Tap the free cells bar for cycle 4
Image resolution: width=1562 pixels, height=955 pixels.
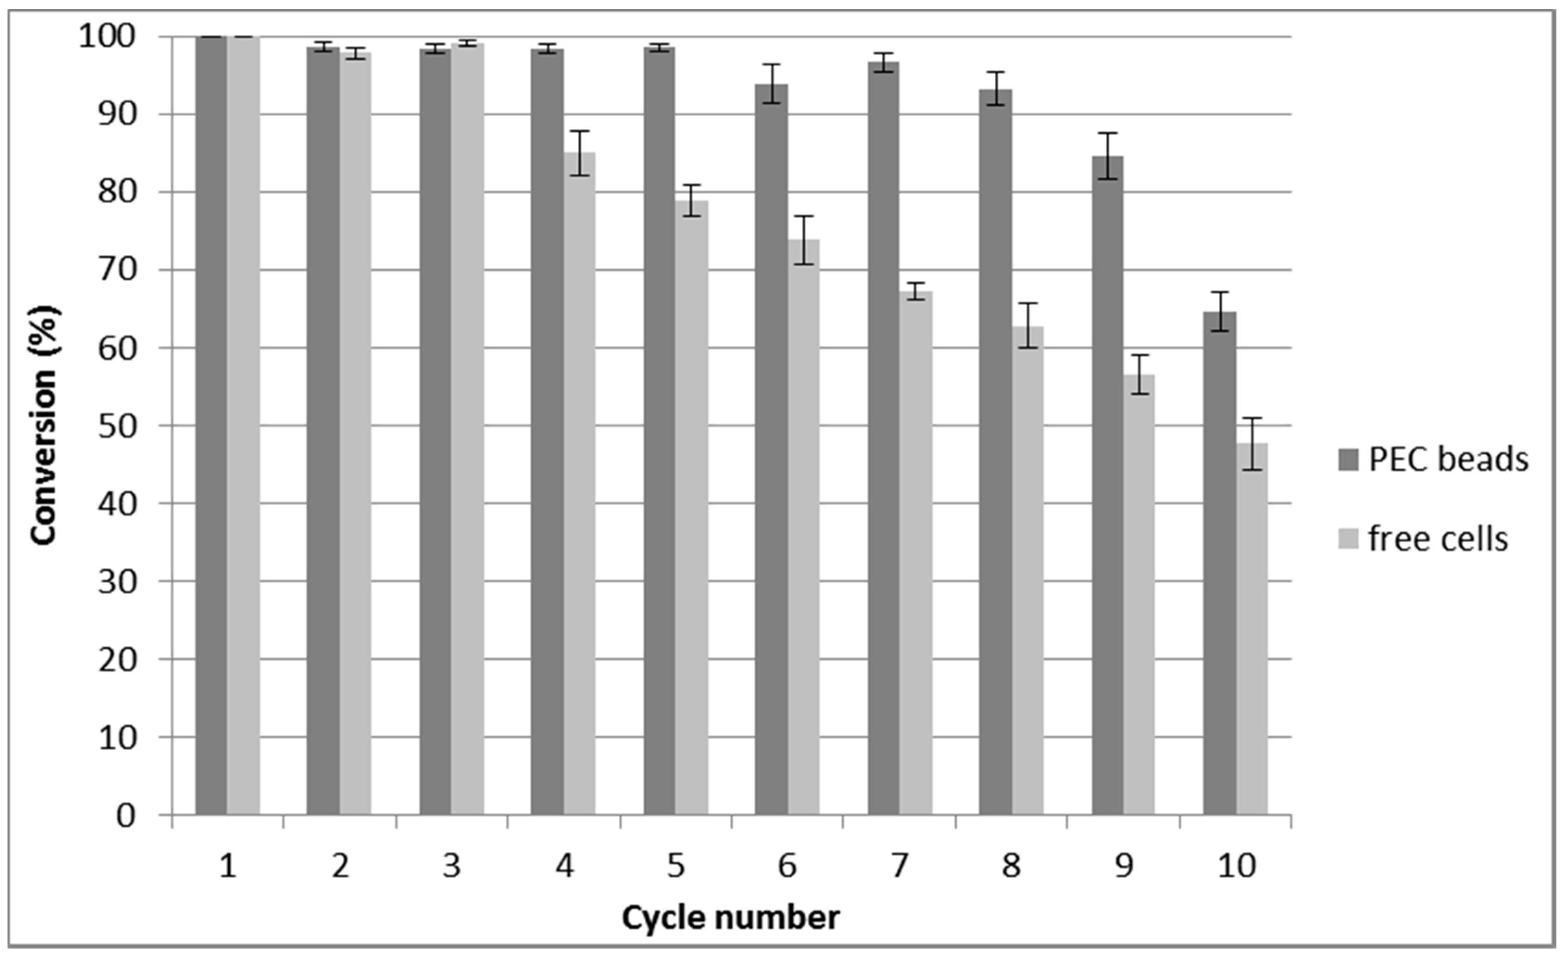pyautogui.click(x=579, y=482)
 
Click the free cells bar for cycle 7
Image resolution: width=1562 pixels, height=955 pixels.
pyautogui.click(x=916, y=552)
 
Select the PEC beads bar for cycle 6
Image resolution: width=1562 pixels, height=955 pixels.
pyautogui.click(x=771, y=450)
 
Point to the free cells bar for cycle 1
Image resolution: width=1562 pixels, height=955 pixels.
pyautogui.click(x=244, y=425)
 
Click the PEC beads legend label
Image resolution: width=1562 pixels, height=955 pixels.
pyautogui.click(x=1449, y=459)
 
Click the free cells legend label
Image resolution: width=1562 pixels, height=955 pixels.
pyautogui.click(x=1438, y=539)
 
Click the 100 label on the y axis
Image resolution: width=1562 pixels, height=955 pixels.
pyautogui.click(x=107, y=37)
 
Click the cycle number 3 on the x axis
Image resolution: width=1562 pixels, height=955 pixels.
pyautogui.click(x=452, y=866)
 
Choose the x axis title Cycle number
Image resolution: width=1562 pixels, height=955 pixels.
pyautogui.click(x=730, y=917)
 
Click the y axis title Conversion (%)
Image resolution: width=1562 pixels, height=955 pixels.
pyautogui.click(x=44, y=425)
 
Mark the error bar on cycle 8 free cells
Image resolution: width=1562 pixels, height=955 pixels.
pyautogui.click(x=1028, y=325)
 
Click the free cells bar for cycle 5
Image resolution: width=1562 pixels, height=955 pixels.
pyautogui.click(x=691, y=507)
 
